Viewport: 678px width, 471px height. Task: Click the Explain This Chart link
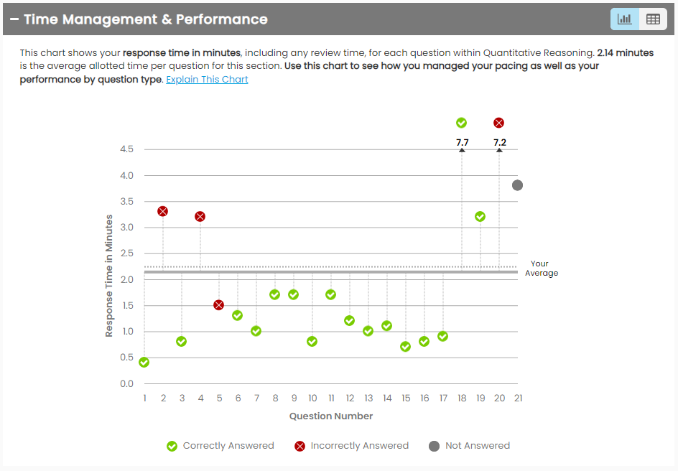[207, 80]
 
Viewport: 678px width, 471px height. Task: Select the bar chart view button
[624, 19]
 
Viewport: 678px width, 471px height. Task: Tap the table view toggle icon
[653, 19]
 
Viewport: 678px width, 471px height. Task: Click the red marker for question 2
[162, 211]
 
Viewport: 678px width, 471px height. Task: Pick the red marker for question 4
[200, 216]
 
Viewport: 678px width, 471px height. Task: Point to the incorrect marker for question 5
[218, 305]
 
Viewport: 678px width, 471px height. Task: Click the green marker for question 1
[144, 362]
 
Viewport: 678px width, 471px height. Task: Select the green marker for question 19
[480, 216]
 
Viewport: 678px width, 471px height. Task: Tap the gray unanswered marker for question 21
[517, 185]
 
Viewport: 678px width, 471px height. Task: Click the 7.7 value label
[462, 143]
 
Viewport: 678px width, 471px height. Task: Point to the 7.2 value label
[499, 143]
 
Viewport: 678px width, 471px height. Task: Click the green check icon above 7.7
[462, 123]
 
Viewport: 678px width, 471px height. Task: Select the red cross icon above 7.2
[499, 123]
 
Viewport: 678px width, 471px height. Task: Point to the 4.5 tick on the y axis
[126, 149]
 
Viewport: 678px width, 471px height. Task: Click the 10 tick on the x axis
[312, 398]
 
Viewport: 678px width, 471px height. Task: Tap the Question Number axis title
[331, 416]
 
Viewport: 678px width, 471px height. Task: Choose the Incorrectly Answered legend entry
[351, 446]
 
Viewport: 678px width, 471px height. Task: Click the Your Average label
[541, 268]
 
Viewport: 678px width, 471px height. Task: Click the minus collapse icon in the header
[14, 19]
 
